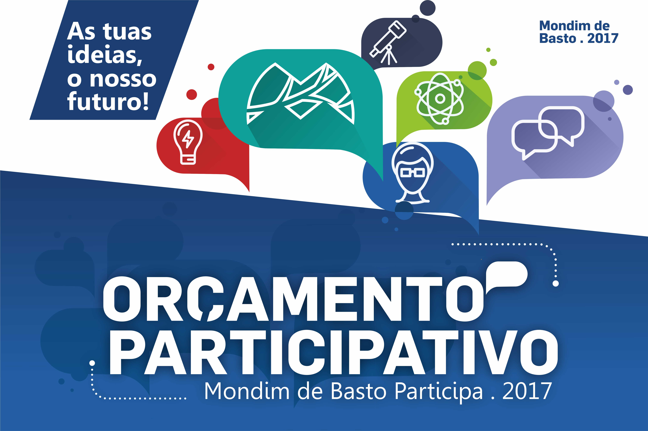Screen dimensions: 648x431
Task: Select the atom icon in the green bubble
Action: click(x=440, y=98)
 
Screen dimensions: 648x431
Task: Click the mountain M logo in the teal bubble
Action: click(x=301, y=94)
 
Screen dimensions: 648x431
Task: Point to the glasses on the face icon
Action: click(x=412, y=173)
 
